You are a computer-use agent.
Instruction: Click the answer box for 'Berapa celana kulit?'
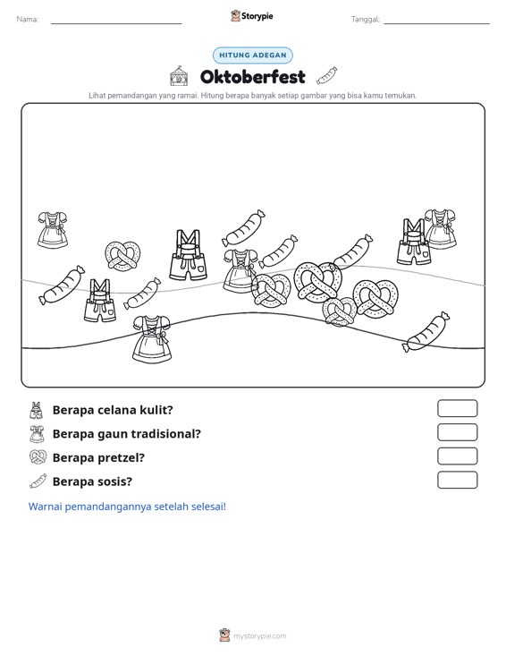(457, 408)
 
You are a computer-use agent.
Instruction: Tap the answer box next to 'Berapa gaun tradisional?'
(457, 432)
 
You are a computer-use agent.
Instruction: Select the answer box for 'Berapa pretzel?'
(457, 456)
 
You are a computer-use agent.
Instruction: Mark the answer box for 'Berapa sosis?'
(457, 480)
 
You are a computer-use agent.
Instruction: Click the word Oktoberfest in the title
(252, 77)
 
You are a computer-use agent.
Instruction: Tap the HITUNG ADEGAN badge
(253, 55)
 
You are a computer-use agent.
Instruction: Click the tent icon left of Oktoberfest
(179, 76)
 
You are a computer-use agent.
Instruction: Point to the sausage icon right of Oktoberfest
(326, 75)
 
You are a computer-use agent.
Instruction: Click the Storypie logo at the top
(252, 16)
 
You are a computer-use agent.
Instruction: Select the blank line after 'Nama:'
(116, 23)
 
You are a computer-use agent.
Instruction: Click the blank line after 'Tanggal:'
(436, 23)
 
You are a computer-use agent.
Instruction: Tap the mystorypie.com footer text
(260, 636)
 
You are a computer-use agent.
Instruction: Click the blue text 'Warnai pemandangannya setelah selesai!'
(127, 507)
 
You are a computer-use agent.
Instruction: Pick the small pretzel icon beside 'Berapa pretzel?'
(38, 456)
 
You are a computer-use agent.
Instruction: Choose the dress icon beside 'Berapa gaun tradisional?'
(38, 434)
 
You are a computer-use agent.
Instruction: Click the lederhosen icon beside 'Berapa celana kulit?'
(37, 410)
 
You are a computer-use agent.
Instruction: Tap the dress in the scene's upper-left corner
(53, 229)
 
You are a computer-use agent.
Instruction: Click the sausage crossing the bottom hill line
(426, 332)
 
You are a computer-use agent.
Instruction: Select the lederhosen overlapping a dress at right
(414, 242)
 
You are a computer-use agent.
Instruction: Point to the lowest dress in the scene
(152, 339)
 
